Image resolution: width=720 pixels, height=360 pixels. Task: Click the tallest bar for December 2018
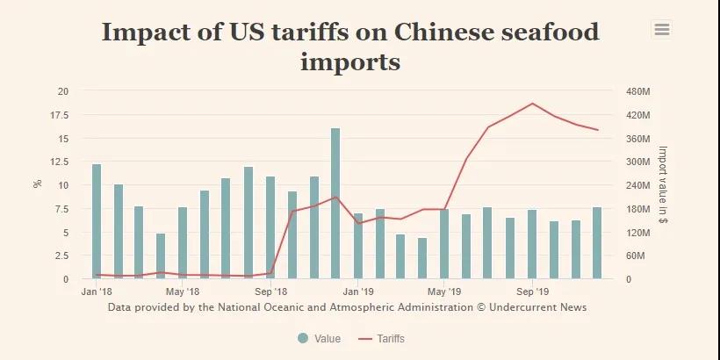point(335,204)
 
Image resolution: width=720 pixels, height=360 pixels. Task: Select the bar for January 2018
point(97,221)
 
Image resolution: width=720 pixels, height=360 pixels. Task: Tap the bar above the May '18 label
point(183,242)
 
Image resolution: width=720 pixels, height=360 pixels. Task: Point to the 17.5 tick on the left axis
point(62,115)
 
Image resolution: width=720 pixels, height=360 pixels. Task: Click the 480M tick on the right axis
point(637,91)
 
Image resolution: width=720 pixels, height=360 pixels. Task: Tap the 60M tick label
point(635,256)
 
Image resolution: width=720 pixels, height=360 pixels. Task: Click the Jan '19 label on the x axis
point(358,291)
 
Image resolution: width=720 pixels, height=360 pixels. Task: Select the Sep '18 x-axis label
point(271,291)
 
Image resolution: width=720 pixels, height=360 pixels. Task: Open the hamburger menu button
point(662,30)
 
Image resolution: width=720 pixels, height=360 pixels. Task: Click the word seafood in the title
point(542,32)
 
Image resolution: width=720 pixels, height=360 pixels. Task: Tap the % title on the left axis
point(37,184)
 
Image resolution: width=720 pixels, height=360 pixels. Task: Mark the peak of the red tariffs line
point(532,104)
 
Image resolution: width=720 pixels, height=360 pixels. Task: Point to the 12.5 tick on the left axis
point(62,162)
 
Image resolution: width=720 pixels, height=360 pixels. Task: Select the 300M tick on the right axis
point(637,162)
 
